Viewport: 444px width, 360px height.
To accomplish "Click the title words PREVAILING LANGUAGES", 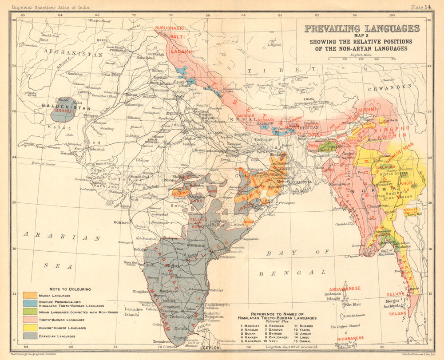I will (x=361, y=29).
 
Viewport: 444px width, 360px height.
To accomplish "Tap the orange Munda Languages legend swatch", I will (x=30, y=295).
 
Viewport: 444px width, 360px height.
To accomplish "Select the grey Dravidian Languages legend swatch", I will (x=30, y=336).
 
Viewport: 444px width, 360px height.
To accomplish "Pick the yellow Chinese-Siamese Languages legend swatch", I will (x=30, y=328).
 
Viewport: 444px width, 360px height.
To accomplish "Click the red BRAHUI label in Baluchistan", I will (x=63, y=111).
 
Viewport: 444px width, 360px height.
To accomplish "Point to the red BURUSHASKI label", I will (x=170, y=28).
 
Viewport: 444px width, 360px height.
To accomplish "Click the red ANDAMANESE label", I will (x=344, y=288).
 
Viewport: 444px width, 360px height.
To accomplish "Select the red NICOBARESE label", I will (x=352, y=338).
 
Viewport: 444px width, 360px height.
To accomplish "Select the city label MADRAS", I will (x=215, y=290).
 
